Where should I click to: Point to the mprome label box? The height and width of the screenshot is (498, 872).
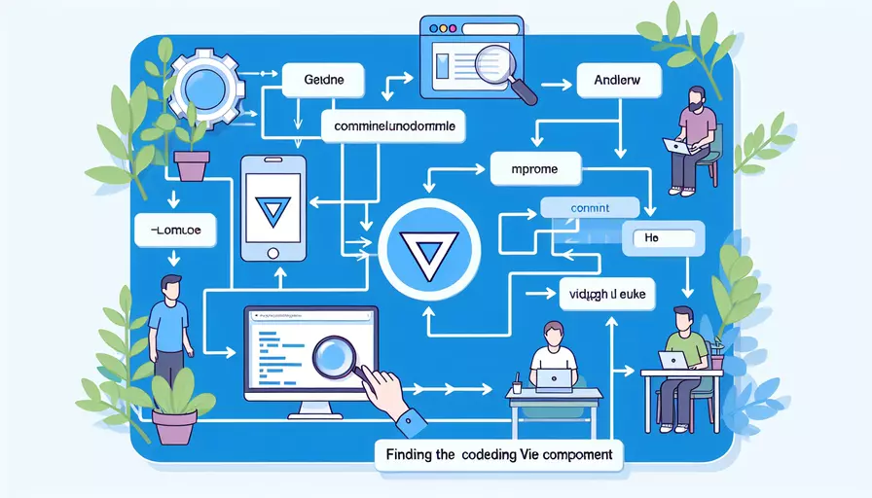pyautogui.click(x=534, y=169)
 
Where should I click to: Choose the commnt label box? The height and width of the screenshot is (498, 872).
pyautogui.click(x=589, y=206)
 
